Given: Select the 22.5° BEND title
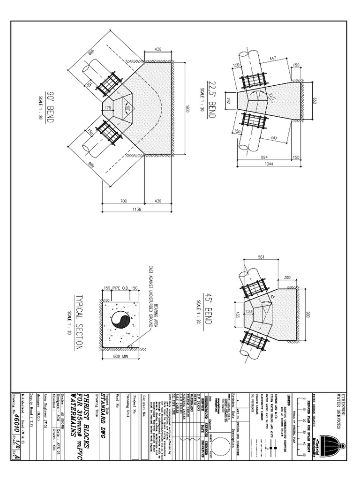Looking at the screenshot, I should [x=210, y=97].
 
